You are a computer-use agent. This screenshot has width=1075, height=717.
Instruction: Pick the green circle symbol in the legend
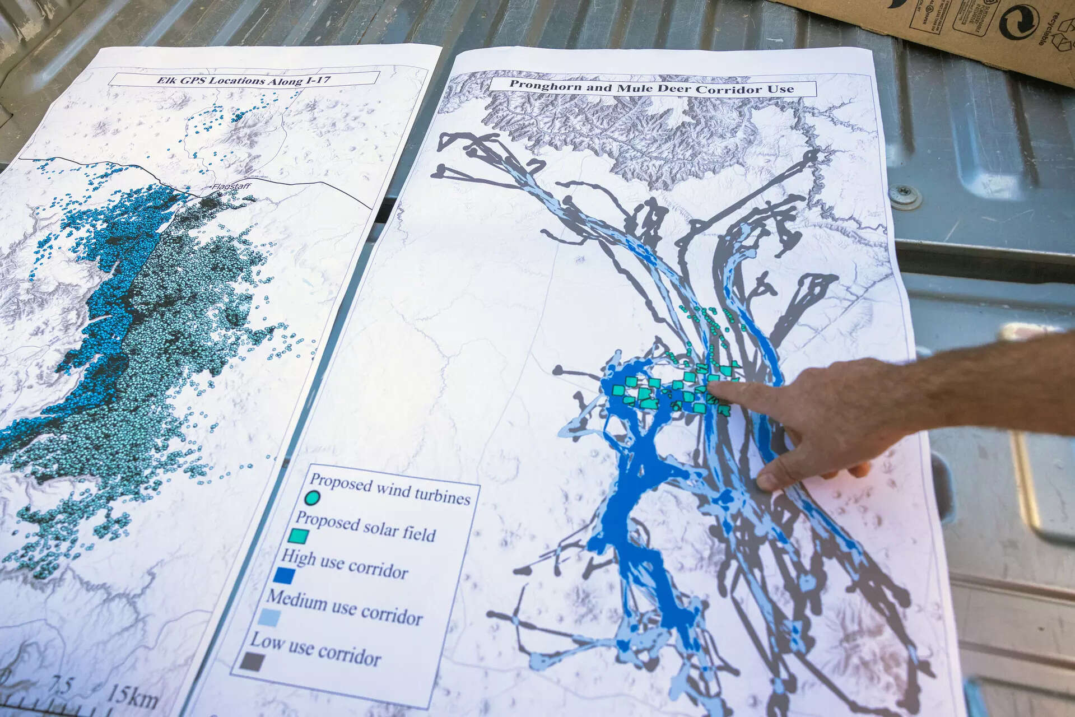click(312, 497)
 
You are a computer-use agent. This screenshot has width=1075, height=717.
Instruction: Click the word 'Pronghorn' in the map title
click(538, 85)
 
